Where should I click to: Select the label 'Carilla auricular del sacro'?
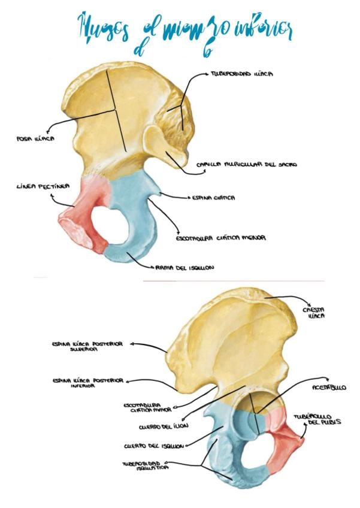click(x=247, y=164)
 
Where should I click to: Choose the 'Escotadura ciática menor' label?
click(x=220, y=238)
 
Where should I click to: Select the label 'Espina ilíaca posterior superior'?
click(x=87, y=347)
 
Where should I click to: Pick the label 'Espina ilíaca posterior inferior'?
click(x=87, y=383)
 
